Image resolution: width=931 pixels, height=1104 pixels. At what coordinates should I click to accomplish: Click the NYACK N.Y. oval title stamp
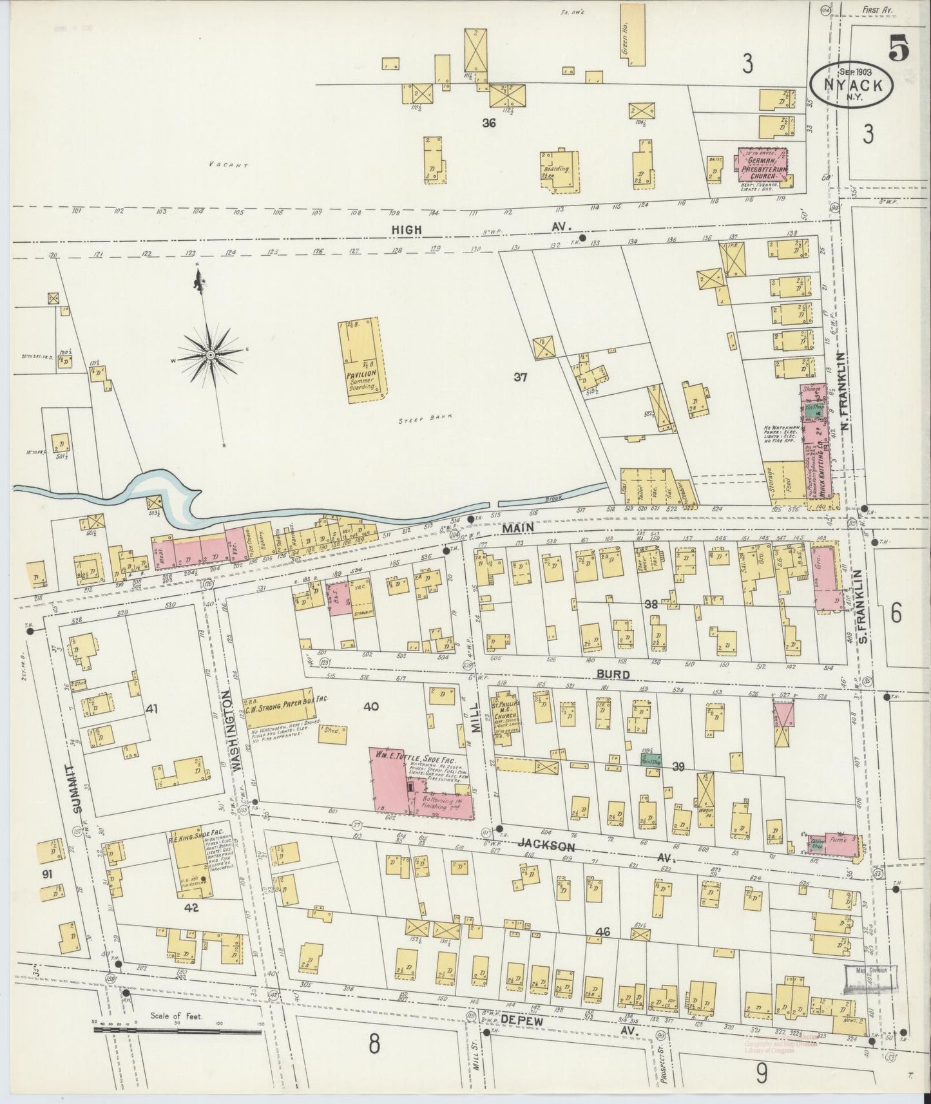click(852, 84)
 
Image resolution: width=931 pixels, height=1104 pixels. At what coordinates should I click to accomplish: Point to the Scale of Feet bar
click(178, 1031)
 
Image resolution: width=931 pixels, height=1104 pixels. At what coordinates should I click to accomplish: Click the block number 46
click(602, 932)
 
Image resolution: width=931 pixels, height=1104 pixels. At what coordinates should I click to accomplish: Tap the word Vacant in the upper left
click(228, 166)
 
